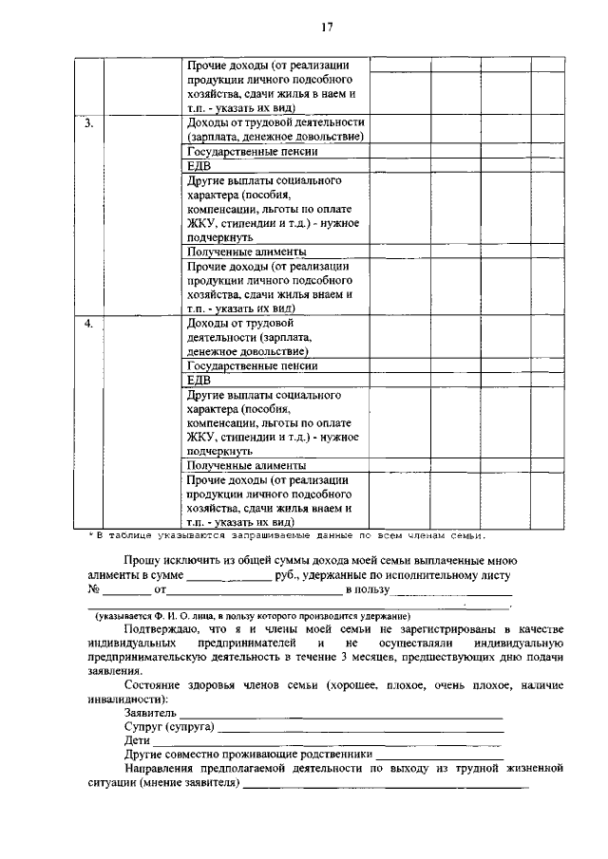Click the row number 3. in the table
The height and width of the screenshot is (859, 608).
coord(87,123)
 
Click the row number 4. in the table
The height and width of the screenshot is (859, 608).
coord(87,324)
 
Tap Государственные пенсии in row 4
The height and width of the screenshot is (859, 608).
coord(252,365)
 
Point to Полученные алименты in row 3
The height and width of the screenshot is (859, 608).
coord(246,252)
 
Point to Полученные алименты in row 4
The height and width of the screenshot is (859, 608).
coord(246,466)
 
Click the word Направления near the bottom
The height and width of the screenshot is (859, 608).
coord(161,770)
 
